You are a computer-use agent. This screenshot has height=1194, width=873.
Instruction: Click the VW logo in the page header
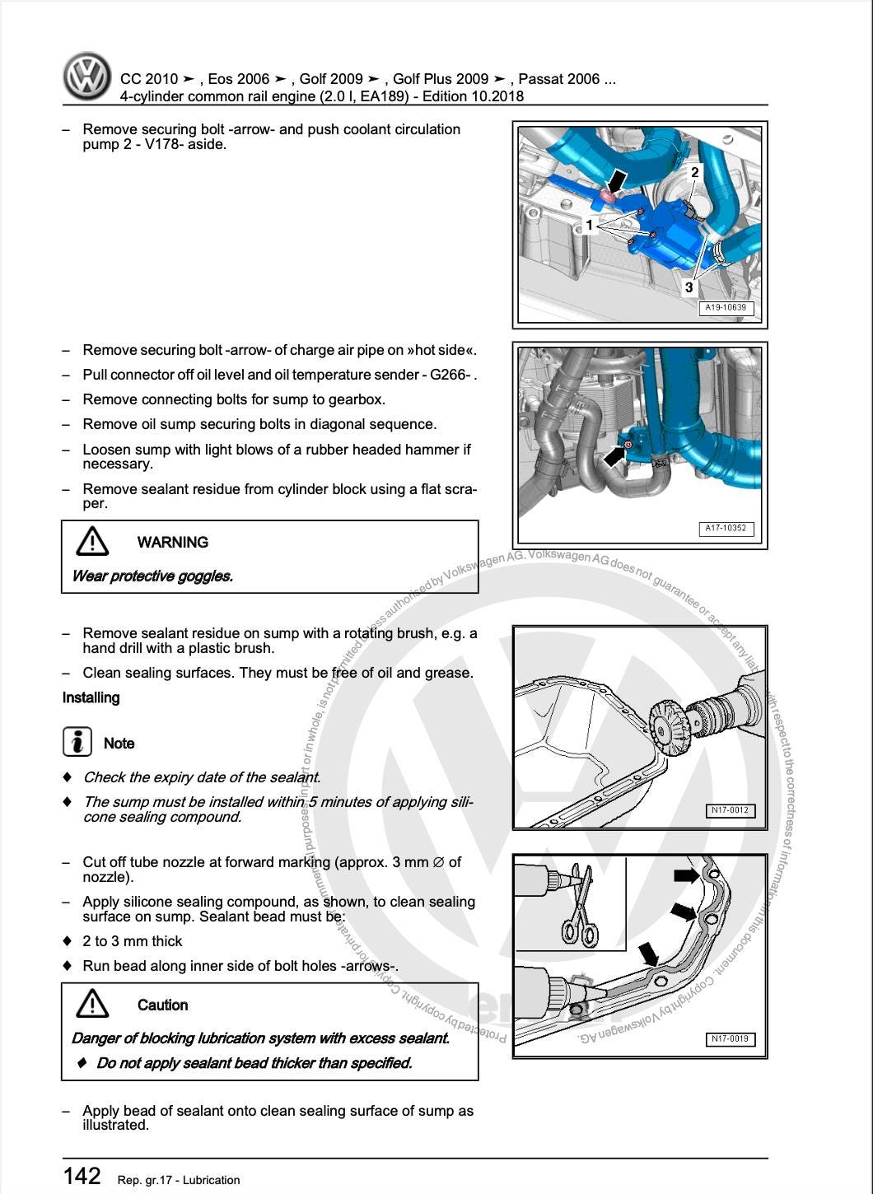coord(87,77)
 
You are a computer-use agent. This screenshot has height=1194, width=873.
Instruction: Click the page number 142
coord(82,1176)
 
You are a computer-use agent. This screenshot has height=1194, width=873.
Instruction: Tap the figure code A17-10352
coord(726,528)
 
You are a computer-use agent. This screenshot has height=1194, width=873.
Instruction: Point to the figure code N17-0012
coord(730,810)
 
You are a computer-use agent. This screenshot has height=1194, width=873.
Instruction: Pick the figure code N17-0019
coord(730,1038)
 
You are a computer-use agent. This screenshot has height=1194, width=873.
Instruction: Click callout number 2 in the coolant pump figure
coord(695,172)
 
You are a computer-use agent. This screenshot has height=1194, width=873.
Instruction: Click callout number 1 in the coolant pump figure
coord(590,225)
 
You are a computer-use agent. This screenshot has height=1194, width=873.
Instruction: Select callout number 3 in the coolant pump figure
coord(689,287)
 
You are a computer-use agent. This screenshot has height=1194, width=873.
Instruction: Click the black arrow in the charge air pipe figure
coord(614,455)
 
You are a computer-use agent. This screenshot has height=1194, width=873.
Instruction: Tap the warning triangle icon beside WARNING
coord(92,542)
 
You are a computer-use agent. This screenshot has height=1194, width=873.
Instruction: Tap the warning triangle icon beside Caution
coord(92,1005)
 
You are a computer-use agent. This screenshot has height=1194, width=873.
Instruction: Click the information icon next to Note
coord(77,742)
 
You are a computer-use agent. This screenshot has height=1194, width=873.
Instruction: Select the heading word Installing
coord(91,697)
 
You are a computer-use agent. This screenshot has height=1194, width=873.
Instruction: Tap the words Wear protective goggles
coord(152,576)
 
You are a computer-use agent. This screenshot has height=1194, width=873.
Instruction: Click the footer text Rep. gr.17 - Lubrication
coord(179,1180)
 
